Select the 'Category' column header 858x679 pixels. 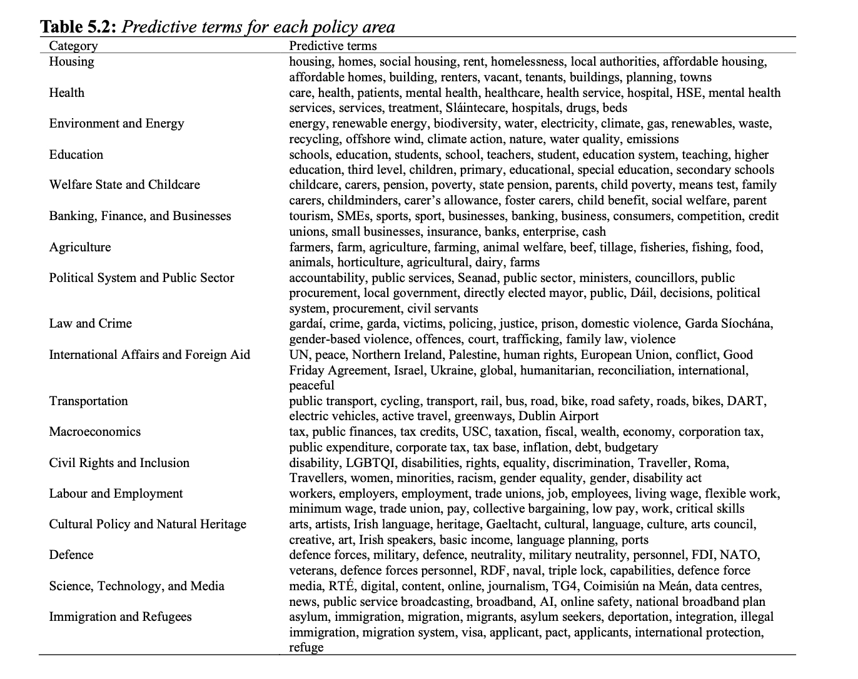(73, 46)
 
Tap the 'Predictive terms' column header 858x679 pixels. (333, 46)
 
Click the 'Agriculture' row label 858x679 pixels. (80, 247)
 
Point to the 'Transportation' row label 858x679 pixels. (88, 401)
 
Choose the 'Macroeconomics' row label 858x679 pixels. (95, 431)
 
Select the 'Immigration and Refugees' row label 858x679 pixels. (121, 616)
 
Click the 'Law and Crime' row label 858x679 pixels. (91, 323)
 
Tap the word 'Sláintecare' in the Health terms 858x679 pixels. (475, 108)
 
